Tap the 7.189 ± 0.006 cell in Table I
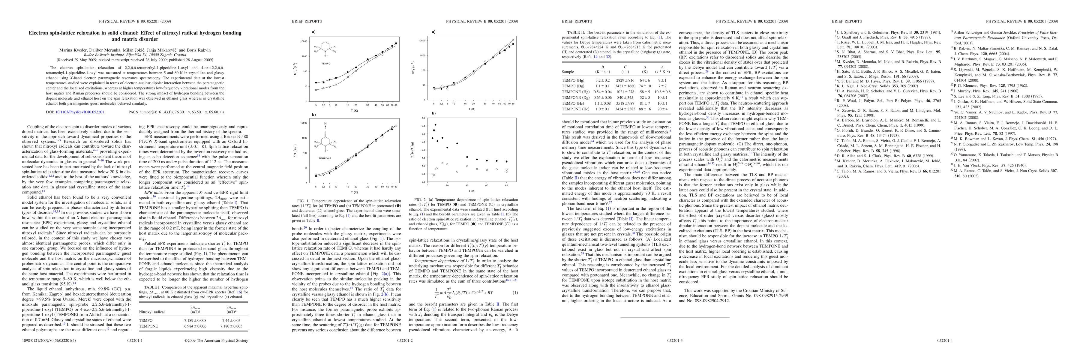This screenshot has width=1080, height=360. pos(197,320)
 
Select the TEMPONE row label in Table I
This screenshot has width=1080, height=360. pos(148,326)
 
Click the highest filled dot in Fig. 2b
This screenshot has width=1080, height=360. pos(435,125)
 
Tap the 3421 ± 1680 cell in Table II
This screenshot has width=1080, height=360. pos(625,86)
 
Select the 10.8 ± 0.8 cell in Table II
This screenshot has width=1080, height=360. pos(662,92)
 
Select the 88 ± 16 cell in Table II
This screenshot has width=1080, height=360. pos(645,109)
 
